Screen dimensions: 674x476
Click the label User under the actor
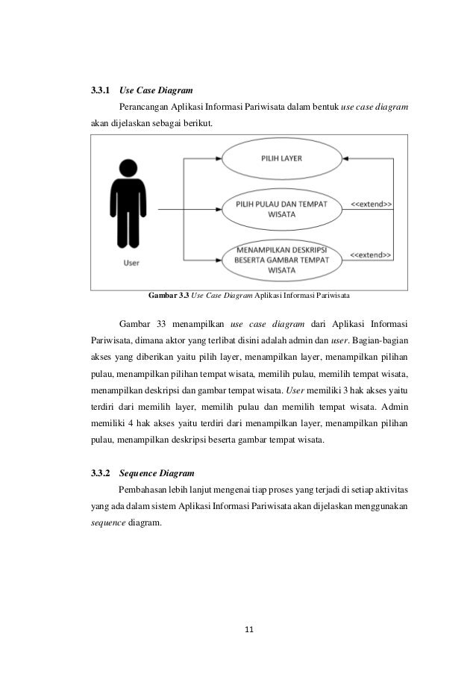pyautogui.click(x=131, y=261)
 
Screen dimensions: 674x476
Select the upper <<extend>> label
pyautogui.click(x=372, y=204)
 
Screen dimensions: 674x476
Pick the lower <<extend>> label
pyautogui.click(x=372, y=254)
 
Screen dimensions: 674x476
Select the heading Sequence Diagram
pyautogui.click(x=157, y=473)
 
